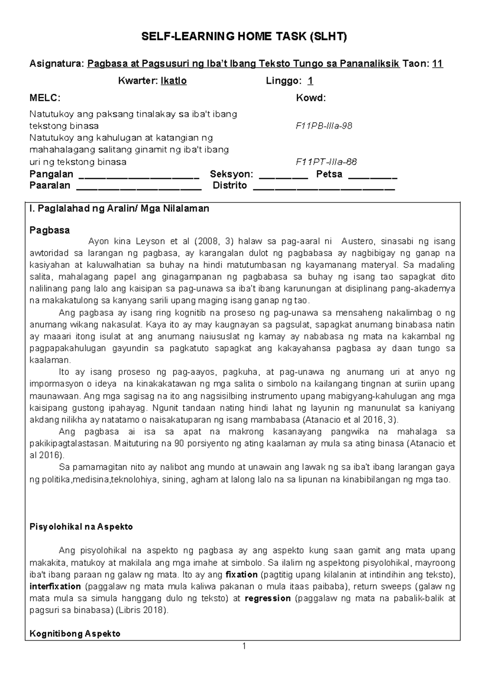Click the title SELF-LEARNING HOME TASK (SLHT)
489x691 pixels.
coord(244,37)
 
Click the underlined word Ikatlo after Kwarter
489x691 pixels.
coord(174,81)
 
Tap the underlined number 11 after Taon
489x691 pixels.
coord(438,64)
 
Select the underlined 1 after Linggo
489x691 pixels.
coord(311,81)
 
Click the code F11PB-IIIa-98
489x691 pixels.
coord(324,126)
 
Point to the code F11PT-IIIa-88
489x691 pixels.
coord(326,162)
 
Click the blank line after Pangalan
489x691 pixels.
coord(138,176)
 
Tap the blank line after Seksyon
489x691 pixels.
coord(284,176)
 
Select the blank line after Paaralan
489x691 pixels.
coord(139,188)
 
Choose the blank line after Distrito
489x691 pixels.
coord(324,188)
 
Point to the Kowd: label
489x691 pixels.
coord(311,98)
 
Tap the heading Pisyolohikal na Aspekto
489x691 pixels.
coord(81,527)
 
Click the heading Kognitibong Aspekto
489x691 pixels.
coord(75,634)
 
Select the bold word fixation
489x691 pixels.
coord(241,575)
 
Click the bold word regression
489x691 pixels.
coord(268,599)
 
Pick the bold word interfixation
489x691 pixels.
coord(55,587)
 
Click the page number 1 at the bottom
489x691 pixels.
coord(244,646)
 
